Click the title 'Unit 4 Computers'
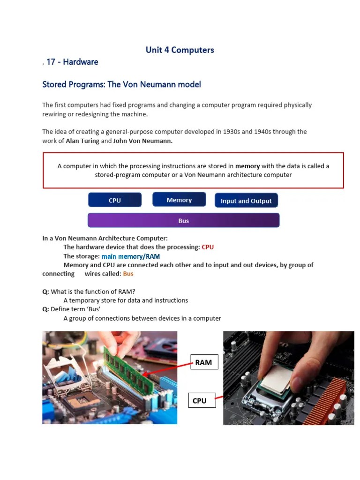pyautogui.click(x=180, y=50)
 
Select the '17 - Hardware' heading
pyautogui.click(x=72, y=62)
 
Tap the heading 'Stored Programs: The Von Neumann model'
pyautogui.click(x=121, y=84)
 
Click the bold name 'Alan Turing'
pyautogui.click(x=82, y=141)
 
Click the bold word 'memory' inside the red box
pyautogui.click(x=247, y=166)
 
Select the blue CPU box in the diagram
pyautogui.click(x=115, y=200)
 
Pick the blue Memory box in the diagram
pyautogui.click(x=179, y=200)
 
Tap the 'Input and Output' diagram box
pyautogui.click(x=246, y=201)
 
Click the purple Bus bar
pyautogui.click(x=183, y=221)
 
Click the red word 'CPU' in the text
pyautogui.click(x=208, y=247)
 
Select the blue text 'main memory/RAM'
pyautogui.click(x=131, y=256)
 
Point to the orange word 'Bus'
pyautogui.click(x=128, y=274)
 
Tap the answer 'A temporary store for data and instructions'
pyautogui.click(x=126, y=300)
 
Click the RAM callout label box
pyautogui.click(x=203, y=362)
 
